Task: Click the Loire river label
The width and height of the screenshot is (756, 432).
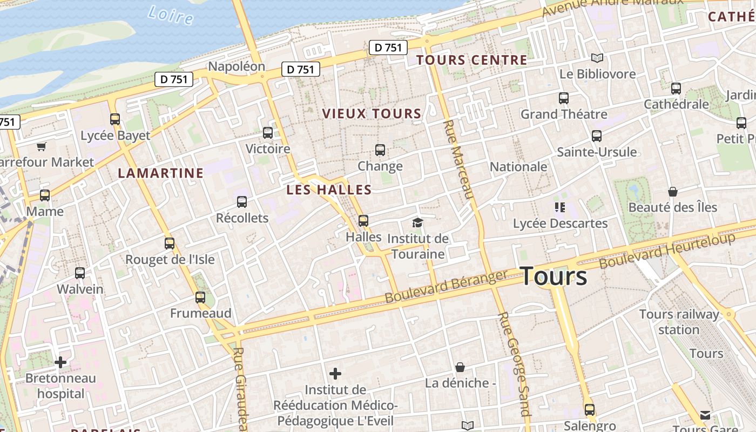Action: [170, 15]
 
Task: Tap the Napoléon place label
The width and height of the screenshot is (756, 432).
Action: [237, 66]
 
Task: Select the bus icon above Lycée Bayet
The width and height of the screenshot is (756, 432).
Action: [115, 119]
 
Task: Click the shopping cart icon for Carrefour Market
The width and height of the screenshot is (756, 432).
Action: [42, 146]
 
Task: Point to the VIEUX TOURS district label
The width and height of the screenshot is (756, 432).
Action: [372, 114]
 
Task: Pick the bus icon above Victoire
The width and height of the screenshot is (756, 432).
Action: [268, 132]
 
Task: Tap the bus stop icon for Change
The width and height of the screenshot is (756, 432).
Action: [380, 150]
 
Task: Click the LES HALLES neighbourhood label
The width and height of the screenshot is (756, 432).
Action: [329, 190]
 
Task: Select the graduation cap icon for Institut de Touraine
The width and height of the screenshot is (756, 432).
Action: [417, 222]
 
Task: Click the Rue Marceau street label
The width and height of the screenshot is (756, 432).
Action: [458, 160]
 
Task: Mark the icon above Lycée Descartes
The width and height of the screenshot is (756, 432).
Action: [559, 207]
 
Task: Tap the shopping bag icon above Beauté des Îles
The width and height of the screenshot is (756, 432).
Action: [672, 192]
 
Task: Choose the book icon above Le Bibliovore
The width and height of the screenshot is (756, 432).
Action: [597, 58]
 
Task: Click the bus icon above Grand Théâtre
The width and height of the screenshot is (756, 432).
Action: [564, 98]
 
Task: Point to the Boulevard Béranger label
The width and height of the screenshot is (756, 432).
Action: [446, 286]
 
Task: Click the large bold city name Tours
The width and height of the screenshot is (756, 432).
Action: [554, 276]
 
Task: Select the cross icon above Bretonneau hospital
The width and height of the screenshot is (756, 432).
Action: [60, 362]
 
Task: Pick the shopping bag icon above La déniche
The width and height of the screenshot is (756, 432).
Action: [460, 367]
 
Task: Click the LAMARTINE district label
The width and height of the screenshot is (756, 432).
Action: [161, 173]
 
